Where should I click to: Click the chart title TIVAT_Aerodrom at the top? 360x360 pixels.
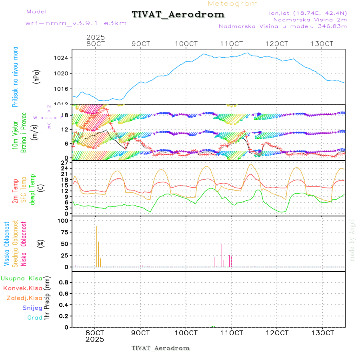pos(178,14)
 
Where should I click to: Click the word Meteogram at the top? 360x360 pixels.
pos(233,4)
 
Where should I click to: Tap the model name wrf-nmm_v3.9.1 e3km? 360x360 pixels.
pos(76,23)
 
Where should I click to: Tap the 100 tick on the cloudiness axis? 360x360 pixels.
pos(63,221)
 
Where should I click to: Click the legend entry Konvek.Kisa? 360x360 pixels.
pos(22,288)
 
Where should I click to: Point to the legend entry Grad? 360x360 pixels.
pos(35,318)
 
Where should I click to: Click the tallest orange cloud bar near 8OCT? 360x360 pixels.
pos(97,246)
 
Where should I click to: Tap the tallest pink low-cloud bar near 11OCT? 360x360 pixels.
pos(222,255)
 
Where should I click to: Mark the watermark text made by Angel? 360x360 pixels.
pos(352,240)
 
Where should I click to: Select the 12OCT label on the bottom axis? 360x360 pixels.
pos(277,333)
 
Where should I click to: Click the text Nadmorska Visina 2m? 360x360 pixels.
pos(310,19)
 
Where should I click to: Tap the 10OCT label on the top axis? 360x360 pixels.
pos(186,44)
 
